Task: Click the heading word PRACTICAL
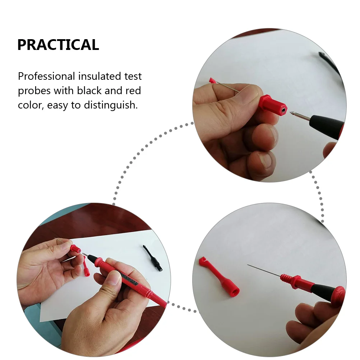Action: (x=58, y=45)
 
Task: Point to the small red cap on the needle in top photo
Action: (x=212, y=80)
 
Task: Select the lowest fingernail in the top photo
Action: (x=266, y=161)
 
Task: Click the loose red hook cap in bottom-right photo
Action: (x=219, y=276)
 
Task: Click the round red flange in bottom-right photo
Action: (x=338, y=295)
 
